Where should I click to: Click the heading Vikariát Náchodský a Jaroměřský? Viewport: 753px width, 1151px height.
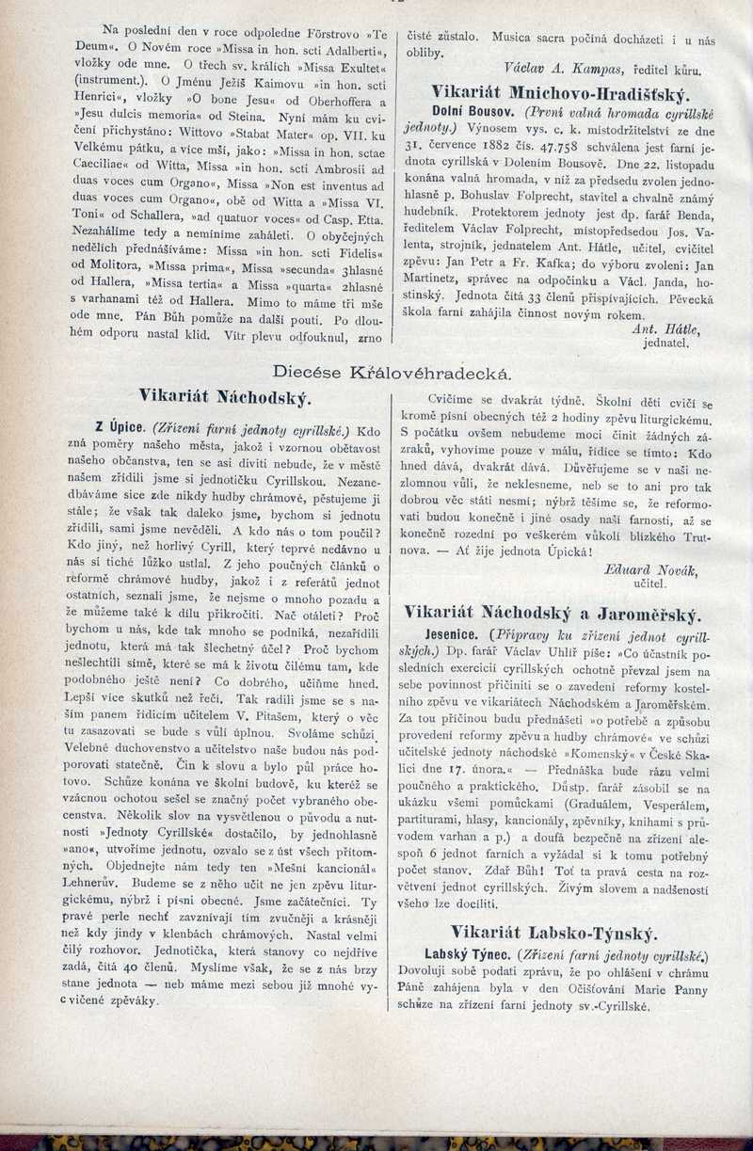(553, 614)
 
